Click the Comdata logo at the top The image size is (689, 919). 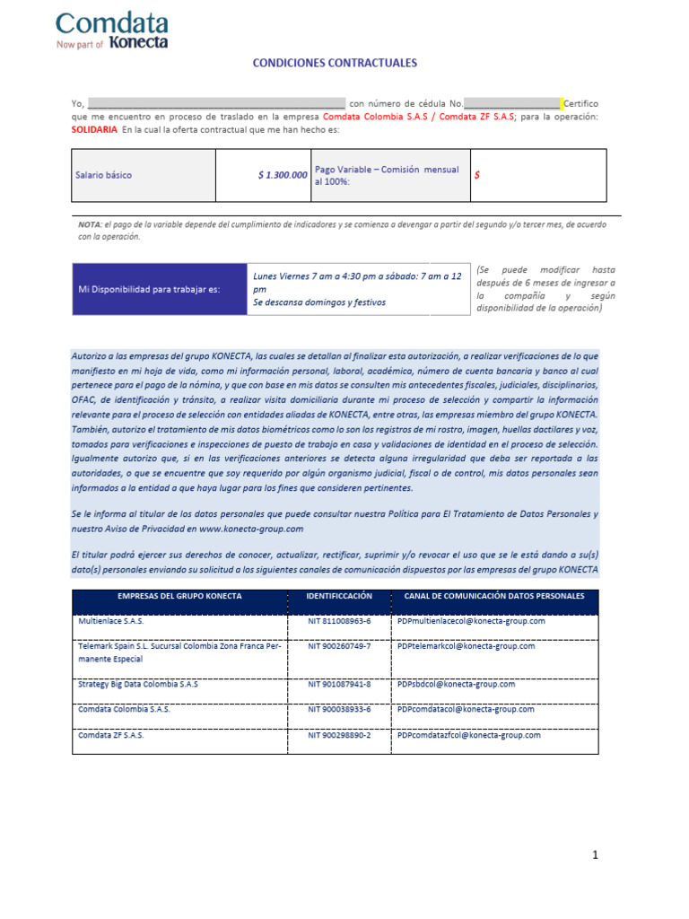[112, 30]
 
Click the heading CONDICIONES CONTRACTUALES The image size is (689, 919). [335, 64]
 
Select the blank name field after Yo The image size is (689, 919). [216, 104]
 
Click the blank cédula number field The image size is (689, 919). [511, 104]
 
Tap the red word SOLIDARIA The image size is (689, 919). [94, 129]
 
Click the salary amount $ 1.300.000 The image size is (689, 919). [283, 175]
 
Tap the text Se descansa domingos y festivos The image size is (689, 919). [319, 302]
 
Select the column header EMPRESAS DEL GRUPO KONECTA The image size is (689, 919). [179, 596]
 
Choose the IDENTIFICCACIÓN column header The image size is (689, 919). [339, 596]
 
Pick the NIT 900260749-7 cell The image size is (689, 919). [339, 646]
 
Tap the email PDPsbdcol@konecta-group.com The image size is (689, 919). [456, 684]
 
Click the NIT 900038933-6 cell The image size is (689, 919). [339, 709]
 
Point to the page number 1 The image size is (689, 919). [595, 855]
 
